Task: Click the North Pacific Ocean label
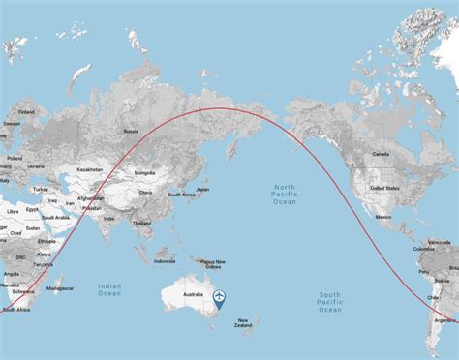pos(285,193)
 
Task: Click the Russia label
pos(131,131)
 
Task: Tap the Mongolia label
pos(144,172)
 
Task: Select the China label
pos(145,192)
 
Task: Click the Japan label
pos(202,190)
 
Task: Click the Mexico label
pos(383,217)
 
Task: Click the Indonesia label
pos(165,260)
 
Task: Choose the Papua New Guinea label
pos(213,264)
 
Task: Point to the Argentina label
pos(445,319)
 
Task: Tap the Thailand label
pos(142,223)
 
